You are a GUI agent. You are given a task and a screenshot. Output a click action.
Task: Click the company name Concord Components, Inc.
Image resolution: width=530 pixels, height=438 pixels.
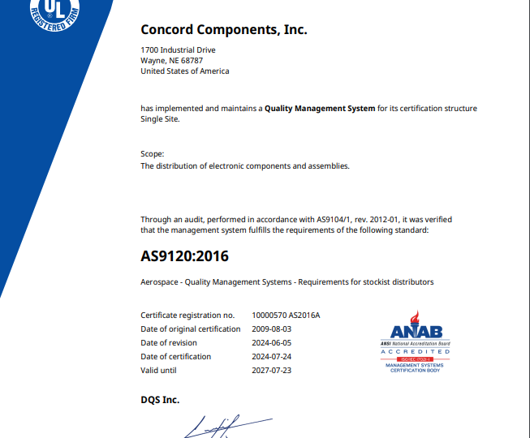pyautogui.click(x=224, y=30)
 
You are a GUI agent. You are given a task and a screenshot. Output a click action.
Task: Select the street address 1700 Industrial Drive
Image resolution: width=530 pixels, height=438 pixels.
pyautogui.click(x=178, y=50)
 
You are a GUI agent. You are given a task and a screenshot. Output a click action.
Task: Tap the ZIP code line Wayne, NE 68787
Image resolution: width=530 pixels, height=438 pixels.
pyautogui.click(x=171, y=61)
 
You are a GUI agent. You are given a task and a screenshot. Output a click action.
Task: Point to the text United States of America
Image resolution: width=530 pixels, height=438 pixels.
pyautogui.click(x=185, y=71)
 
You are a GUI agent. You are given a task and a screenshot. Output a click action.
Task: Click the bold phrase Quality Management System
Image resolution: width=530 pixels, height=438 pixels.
pyautogui.click(x=320, y=109)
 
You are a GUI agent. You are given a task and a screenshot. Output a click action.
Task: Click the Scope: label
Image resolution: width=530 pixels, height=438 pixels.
pyautogui.click(x=153, y=153)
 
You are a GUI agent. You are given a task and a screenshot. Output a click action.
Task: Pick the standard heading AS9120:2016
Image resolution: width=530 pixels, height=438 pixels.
pyautogui.click(x=185, y=256)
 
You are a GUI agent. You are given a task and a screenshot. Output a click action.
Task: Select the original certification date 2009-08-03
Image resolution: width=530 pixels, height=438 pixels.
pyautogui.click(x=271, y=329)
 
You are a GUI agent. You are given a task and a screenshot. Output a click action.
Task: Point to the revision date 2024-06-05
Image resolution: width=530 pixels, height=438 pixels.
pyautogui.click(x=271, y=343)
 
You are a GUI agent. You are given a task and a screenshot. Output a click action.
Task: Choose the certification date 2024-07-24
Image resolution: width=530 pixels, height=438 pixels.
pyautogui.click(x=271, y=357)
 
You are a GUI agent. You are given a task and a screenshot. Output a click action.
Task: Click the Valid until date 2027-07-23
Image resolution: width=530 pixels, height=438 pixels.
pyautogui.click(x=271, y=371)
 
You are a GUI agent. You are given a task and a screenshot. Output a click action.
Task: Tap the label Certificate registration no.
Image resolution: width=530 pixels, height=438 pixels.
pyautogui.click(x=187, y=316)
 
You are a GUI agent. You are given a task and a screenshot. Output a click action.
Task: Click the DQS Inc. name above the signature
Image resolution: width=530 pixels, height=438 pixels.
pyautogui.click(x=160, y=400)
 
